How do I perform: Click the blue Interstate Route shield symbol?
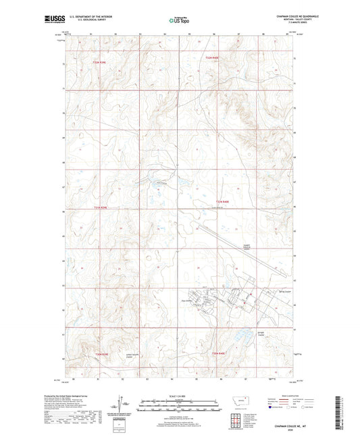click(x=272, y=407)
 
